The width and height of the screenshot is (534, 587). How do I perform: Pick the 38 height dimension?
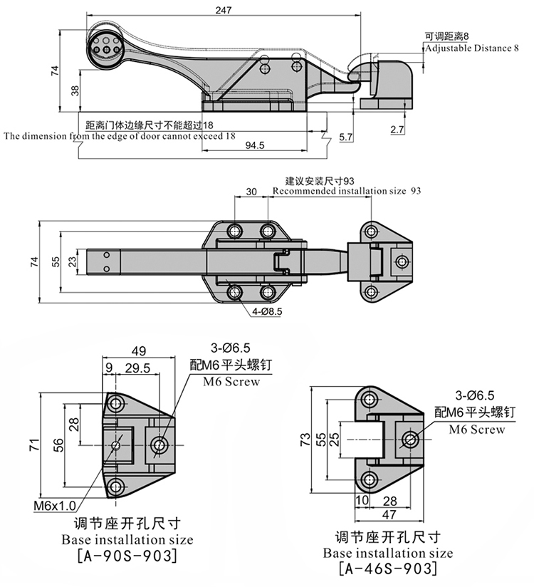75,90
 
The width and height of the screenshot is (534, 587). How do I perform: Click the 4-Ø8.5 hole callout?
267,311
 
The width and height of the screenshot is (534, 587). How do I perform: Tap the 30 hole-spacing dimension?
251,192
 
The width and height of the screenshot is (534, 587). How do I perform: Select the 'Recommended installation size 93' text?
346,191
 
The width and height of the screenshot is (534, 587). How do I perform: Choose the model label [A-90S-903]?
126,555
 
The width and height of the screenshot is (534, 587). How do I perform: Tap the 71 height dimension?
33,445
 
